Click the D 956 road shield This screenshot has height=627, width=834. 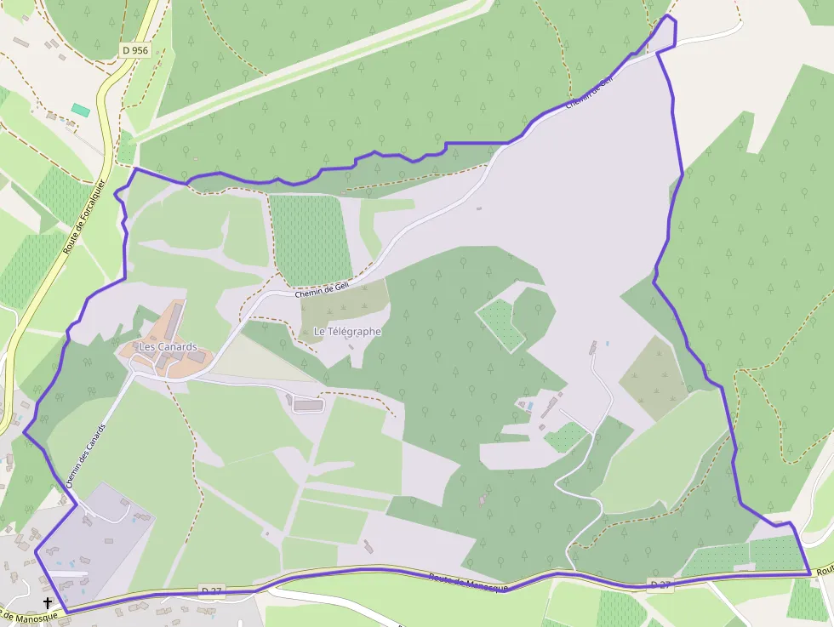(x=134, y=50)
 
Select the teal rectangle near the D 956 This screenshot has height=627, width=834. (x=80, y=110)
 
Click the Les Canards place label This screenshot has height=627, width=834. (x=168, y=347)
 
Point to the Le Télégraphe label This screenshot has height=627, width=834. (x=347, y=331)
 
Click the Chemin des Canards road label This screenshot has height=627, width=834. (x=86, y=455)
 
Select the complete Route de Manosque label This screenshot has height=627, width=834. (x=468, y=583)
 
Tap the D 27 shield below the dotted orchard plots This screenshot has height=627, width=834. (x=660, y=584)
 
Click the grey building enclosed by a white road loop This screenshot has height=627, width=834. (x=308, y=406)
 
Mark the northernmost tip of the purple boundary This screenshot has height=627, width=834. (x=669, y=15)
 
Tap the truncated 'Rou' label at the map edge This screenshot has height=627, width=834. (x=823, y=573)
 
